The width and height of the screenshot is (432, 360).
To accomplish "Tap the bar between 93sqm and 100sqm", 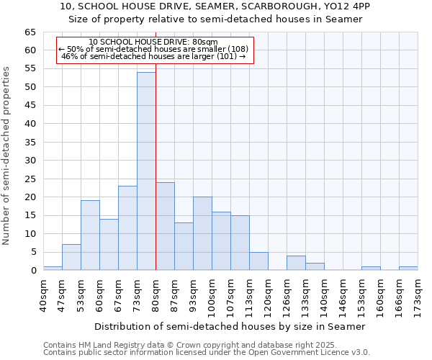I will (202, 233).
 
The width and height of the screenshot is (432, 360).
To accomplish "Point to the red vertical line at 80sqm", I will (156, 180).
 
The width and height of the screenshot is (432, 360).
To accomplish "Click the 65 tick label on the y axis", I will (30, 32).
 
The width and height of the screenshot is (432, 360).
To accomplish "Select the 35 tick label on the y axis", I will (30, 143).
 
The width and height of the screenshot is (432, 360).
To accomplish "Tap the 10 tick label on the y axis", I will (30, 234).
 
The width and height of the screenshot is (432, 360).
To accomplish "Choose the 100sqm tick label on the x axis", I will (212, 296).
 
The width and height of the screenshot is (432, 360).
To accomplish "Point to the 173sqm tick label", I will (418, 296).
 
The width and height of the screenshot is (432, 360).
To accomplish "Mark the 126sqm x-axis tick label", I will (287, 296).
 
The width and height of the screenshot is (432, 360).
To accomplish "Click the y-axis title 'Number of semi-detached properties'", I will (6, 156).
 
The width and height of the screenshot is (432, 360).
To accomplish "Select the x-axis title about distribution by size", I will (230, 326).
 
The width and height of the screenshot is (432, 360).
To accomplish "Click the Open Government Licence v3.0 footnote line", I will (207, 353).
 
